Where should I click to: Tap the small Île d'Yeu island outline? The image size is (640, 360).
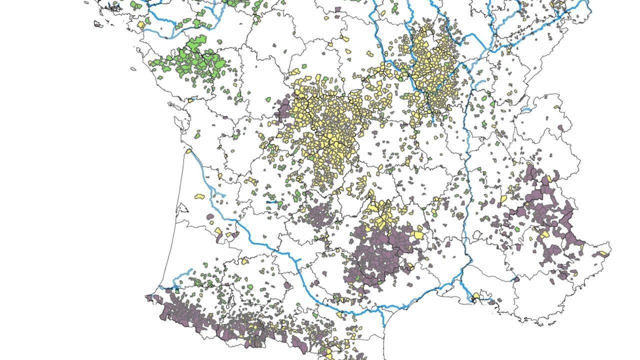(x=133, y=68)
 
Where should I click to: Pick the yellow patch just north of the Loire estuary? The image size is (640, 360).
(x=141, y=24)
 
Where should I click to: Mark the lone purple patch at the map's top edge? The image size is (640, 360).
(x=338, y=9)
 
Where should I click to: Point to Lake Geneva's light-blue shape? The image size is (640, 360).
(x=525, y=109)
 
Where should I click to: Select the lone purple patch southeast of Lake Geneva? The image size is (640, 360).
(x=560, y=128)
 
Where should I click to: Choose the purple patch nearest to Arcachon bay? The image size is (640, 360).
(x=210, y=218)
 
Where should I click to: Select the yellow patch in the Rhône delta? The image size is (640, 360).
(x=475, y=295)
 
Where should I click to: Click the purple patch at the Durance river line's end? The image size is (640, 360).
(x=516, y=278)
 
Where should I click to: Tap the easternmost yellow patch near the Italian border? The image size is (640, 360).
(x=604, y=254)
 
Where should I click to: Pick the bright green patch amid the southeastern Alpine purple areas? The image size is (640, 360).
(x=517, y=228)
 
